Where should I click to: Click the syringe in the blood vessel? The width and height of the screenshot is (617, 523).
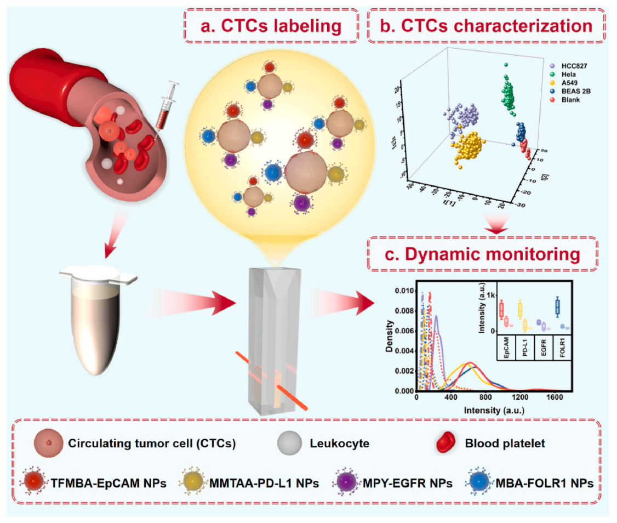click(164, 110)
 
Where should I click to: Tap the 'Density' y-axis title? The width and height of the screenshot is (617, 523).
click(391, 334)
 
